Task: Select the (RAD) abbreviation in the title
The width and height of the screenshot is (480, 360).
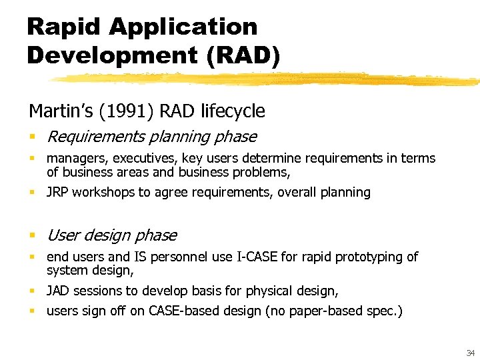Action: pos(243,54)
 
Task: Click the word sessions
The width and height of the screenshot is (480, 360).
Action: pos(96,291)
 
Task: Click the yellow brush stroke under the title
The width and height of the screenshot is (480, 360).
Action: pos(267,79)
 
